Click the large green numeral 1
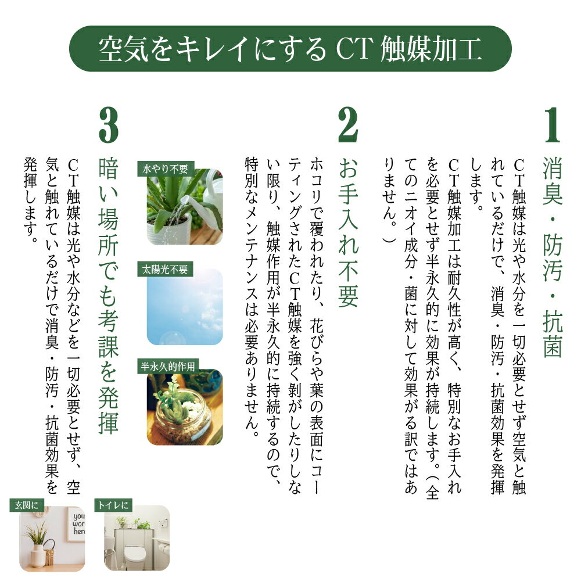pos(553,125)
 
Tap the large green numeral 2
pos(348,125)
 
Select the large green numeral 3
pos(109,125)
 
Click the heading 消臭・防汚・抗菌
pos(553,257)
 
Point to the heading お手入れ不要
pos(348,232)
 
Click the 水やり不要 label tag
pos(165,169)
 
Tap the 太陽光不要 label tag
pos(165,269)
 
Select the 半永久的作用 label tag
pos(168,367)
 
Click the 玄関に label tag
pos(27,505)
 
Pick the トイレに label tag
pos(113,505)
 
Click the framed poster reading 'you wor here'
pos(76,524)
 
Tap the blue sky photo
pos(185,307)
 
